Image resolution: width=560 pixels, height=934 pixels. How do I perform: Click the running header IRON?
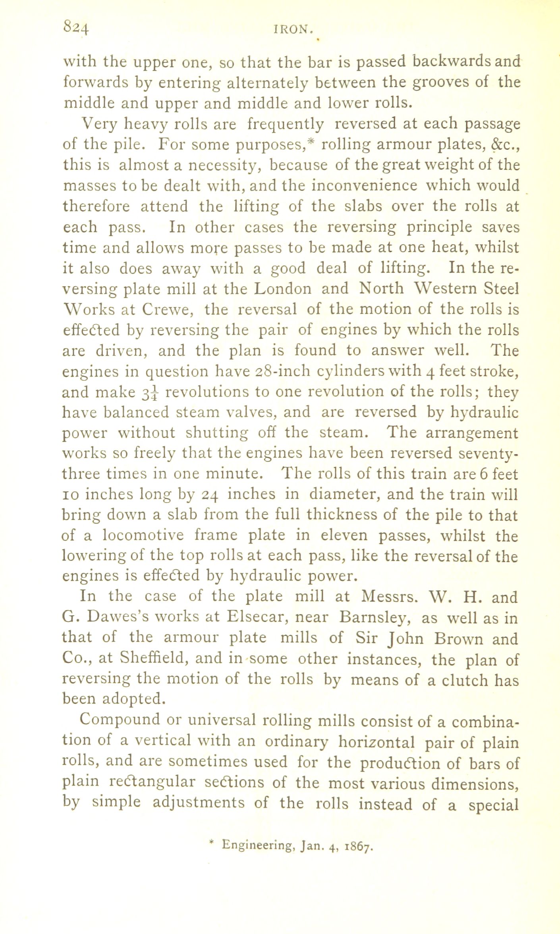(292, 30)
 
